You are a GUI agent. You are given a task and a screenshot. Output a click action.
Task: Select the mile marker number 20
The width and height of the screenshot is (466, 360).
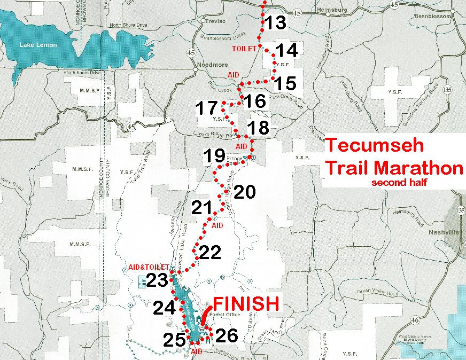(x=245, y=192)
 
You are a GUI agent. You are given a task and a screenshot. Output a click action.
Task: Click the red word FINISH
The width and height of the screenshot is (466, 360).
(x=246, y=304)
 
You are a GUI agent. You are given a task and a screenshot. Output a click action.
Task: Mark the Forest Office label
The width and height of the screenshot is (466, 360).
(x=223, y=315)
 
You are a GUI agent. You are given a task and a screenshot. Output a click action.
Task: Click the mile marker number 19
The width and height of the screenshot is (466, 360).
(x=215, y=156)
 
